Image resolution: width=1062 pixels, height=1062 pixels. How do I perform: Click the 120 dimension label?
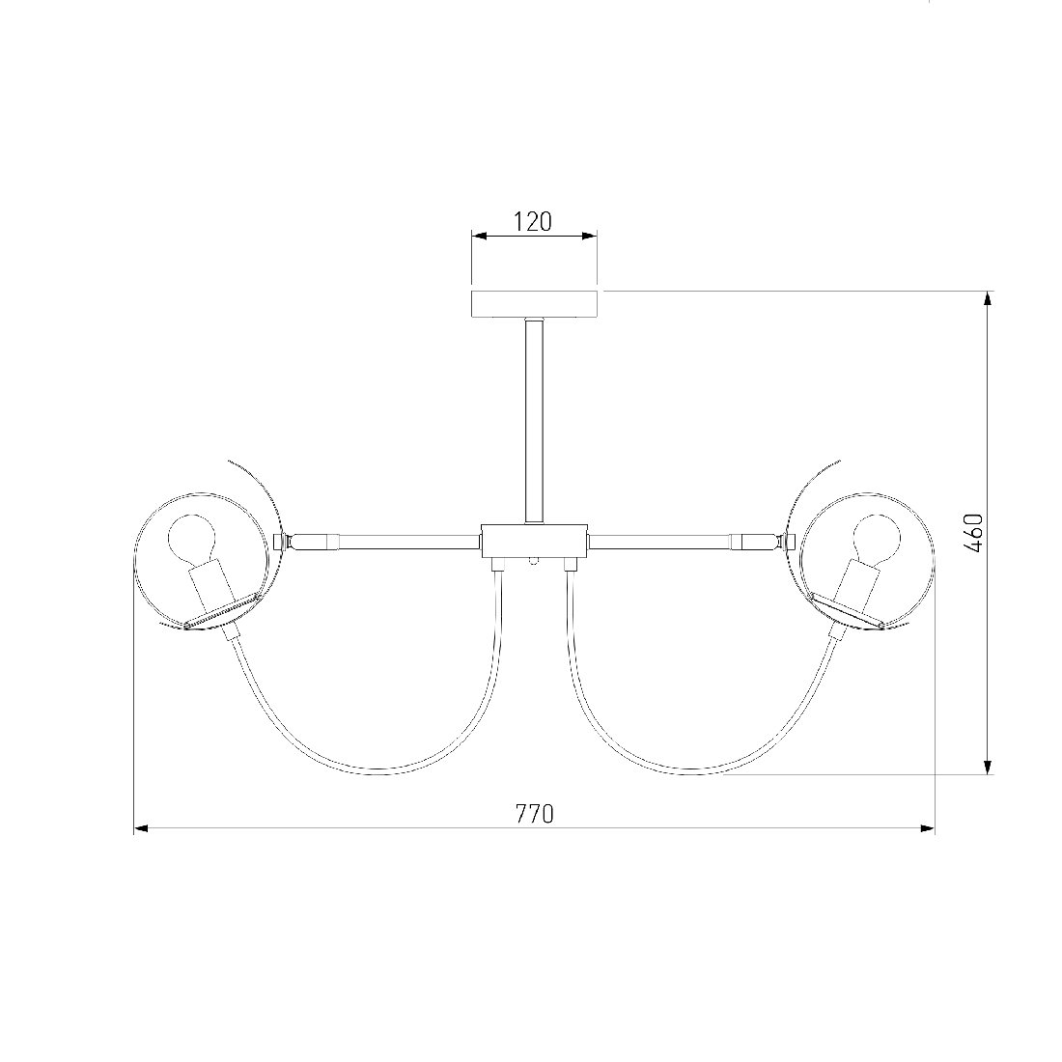pos(532,221)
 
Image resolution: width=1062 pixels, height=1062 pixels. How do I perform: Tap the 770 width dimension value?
pos(535,814)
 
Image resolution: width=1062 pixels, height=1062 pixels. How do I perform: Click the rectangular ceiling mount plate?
pos(535,304)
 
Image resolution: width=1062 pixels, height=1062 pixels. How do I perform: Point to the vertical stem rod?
pos(535,421)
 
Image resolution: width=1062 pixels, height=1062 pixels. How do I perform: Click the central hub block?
pos(535,541)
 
